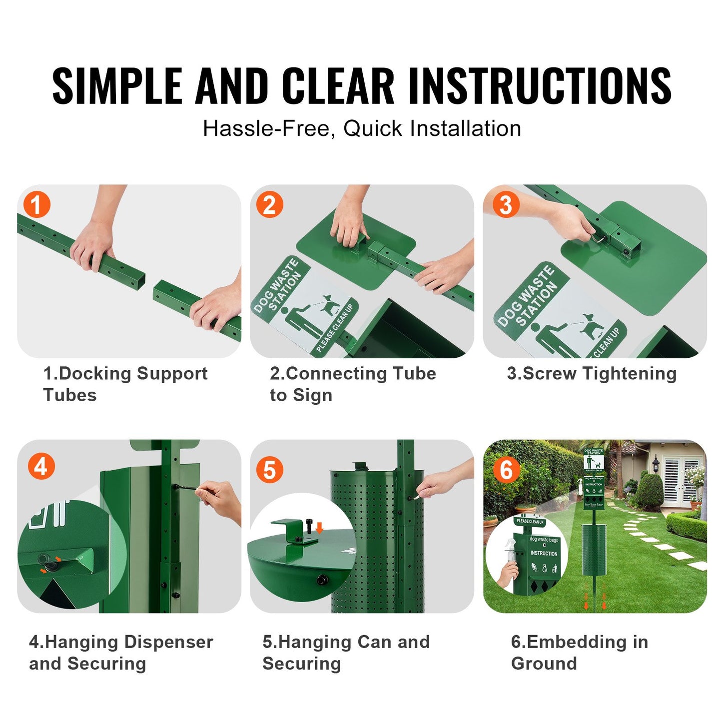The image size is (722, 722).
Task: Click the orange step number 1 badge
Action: point(36,205)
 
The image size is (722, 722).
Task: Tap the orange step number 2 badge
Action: point(269,205)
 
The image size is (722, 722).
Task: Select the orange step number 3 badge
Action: point(505,205)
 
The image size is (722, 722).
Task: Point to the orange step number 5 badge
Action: point(269,470)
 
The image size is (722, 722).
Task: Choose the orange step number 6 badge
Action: point(506,470)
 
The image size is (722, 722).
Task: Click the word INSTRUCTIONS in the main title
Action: point(540,86)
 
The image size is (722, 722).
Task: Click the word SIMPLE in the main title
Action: point(117,86)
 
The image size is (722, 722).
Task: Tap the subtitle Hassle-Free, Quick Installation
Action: point(362,129)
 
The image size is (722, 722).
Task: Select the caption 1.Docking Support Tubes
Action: point(125,384)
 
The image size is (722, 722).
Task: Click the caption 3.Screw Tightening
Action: point(592,373)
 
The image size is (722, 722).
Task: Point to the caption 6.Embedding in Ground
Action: point(579,652)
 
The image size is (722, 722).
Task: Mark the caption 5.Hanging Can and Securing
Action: point(346,652)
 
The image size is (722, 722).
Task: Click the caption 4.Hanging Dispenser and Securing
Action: point(121,652)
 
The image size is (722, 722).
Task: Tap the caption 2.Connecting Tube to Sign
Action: point(353,384)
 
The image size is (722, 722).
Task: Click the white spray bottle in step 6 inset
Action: point(509,552)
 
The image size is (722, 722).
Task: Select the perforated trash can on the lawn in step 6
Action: point(594,550)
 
